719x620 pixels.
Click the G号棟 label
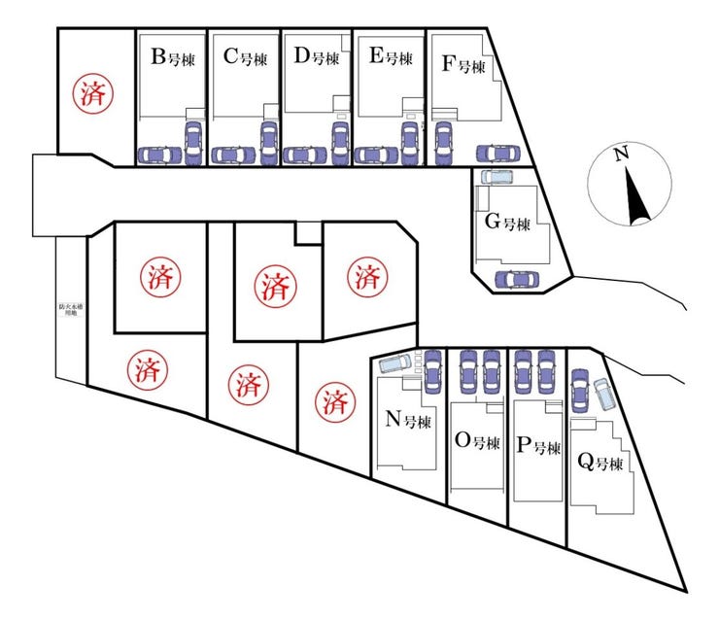tap(507, 223)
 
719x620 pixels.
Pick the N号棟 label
tap(408, 420)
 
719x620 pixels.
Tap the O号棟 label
tap(477, 442)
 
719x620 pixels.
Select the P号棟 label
tap(539, 447)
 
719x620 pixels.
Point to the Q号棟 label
tap(599, 462)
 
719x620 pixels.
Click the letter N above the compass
tap(622, 153)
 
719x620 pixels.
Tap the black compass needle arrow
tap(636, 197)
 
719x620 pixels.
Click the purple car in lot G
tap(516, 280)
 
